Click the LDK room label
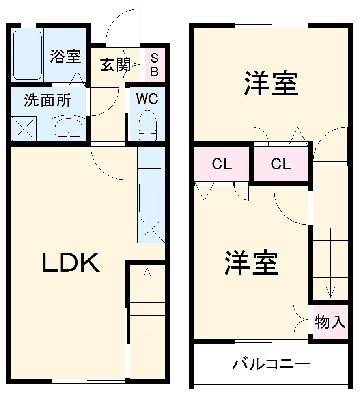pyautogui.click(x=71, y=263)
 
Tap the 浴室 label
pyautogui.click(x=65, y=57)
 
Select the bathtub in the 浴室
pyautogui.click(x=28, y=55)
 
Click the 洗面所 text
pyautogui.click(x=47, y=100)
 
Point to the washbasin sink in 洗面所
pyautogui.click(x=69, y=128)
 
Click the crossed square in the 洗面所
pyautogui.click(x=24, y=128)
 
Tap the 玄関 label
pyautogui.click(x=115, y=65)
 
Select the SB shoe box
pyautogui.click(x=155, y=65)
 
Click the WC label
pyautogui.click(x=147, y=98)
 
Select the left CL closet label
pyautogui.click(x=222, y=164)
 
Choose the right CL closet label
pyautogui.click(x=281, y=164)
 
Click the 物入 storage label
pyautogui.click(x=330, y=322)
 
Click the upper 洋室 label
pyautogui.click(x=271, y=83)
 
